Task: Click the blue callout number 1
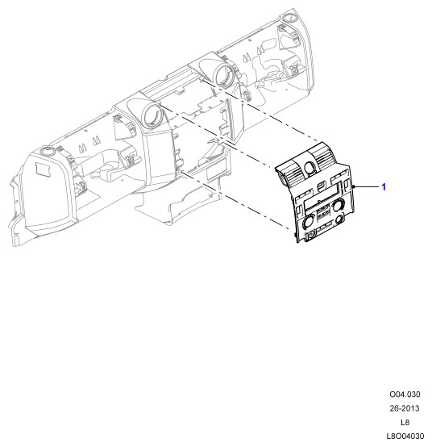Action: [384, 187]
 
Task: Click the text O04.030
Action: [405, 395]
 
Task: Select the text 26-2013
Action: [405, 408]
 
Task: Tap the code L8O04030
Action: [405, 437]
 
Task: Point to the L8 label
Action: [405, 422]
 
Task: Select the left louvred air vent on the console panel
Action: [291, 175]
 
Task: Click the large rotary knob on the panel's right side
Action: [339, 205]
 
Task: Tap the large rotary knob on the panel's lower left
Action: [308, 223]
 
